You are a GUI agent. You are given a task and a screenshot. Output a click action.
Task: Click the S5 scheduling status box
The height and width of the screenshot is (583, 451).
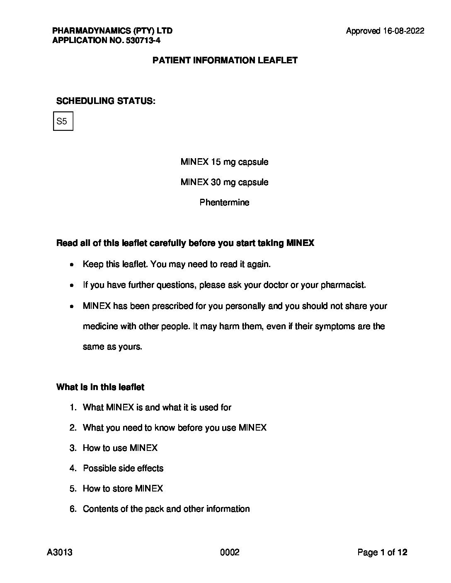click(63, 121)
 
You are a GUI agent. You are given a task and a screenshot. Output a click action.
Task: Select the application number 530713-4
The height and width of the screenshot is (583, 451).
click(141, 41)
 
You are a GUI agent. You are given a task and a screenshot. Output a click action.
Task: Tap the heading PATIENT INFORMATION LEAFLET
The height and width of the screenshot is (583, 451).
click(225, 60)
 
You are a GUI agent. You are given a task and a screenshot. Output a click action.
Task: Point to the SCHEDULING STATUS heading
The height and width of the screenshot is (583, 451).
click(106, 101)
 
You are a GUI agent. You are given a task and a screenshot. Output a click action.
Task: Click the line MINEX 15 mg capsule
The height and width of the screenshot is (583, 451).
click(224, 162)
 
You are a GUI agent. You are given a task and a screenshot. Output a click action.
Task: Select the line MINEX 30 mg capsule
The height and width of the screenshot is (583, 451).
click(224, 182)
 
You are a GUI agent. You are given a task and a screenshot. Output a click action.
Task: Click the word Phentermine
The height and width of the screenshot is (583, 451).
click(224, 202)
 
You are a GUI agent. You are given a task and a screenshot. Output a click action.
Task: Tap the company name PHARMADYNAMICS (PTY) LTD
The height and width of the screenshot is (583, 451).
click(112, 31)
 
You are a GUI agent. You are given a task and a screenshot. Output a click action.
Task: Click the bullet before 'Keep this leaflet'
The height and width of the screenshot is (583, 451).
click(73, 265)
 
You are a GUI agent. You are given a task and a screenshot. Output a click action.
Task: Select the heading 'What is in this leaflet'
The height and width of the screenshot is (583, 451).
click(100, 387)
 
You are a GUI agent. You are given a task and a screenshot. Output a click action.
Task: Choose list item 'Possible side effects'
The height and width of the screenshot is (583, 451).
click(123, 468)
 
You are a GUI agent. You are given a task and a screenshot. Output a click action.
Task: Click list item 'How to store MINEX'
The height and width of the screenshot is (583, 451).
click(123, 489)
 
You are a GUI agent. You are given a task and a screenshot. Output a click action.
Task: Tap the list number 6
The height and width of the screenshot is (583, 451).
click(73, 509)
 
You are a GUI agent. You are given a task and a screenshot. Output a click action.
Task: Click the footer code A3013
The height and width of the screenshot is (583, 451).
click(60, 552)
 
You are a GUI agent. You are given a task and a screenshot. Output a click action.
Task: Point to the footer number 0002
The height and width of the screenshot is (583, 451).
click(230, 552)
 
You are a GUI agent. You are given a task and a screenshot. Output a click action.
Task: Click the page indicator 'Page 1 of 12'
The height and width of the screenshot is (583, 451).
click(382, 552)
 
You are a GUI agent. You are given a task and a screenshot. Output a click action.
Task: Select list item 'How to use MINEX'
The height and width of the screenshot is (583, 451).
click(120, 448)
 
